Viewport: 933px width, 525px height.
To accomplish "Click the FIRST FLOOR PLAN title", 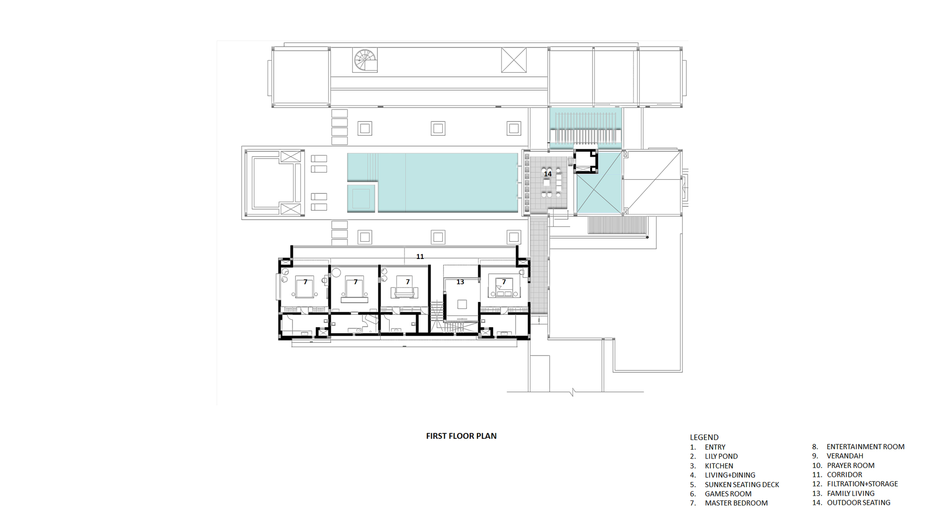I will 461,436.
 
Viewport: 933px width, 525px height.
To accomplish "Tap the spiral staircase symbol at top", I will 364,60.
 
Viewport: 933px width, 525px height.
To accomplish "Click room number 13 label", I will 460,282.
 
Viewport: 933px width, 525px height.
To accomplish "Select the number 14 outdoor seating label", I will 548,174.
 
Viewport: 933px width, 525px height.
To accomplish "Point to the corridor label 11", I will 420,257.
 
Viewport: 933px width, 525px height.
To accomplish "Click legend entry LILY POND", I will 721,456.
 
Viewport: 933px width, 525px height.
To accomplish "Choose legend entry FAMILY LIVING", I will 850,493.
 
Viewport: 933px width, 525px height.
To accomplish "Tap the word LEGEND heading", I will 704,437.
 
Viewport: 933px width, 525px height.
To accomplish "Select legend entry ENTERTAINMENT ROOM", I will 865,447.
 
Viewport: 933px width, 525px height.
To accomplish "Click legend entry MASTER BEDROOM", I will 736,503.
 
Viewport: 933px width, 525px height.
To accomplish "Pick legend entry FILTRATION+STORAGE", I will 862,484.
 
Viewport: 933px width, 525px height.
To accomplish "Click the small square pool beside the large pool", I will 361,198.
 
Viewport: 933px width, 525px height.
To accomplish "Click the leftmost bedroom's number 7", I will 306,282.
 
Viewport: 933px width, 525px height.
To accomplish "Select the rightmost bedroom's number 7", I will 504,282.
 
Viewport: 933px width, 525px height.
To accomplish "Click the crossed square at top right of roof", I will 514,60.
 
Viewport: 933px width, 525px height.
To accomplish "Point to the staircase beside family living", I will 437,317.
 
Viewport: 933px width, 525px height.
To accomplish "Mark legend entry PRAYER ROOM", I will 850,465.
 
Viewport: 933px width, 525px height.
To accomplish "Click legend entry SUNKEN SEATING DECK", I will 741,484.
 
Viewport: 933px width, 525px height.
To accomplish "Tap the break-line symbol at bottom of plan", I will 573,392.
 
